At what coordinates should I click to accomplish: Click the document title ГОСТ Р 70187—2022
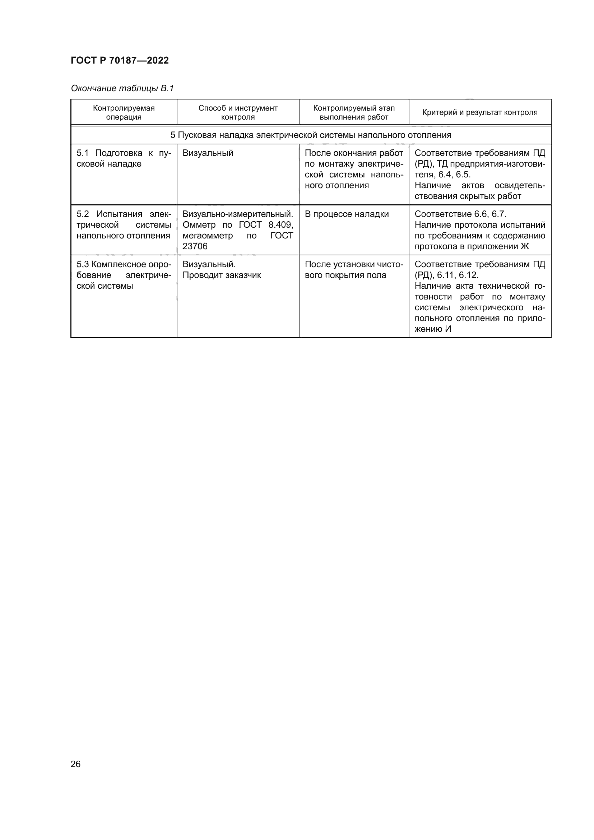[120, 60]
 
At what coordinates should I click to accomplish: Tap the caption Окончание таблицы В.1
[122, 88]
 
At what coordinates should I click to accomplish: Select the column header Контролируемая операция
[124, 112]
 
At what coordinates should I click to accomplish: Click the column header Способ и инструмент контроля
[238, 112]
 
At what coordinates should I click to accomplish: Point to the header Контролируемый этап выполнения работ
[354, 112]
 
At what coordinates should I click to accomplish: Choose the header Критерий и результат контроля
[479, 112]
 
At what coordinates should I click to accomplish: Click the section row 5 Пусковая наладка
[311, 135]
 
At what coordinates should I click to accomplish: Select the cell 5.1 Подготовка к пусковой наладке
[124, 158]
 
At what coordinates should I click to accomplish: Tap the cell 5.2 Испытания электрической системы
[124, 224]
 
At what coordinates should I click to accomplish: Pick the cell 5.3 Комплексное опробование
[124, 275]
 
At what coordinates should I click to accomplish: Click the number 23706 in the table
[195, 246]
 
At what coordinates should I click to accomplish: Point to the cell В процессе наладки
[346, 214]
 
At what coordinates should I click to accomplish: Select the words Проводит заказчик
[222, 275]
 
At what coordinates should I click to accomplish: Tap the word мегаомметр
[207, 235]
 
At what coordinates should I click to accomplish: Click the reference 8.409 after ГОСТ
[280, 224]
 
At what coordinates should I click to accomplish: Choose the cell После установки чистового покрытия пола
[354, 270]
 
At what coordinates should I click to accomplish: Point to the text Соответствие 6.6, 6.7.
[460, 214]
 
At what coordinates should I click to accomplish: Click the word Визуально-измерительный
[238, 214]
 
